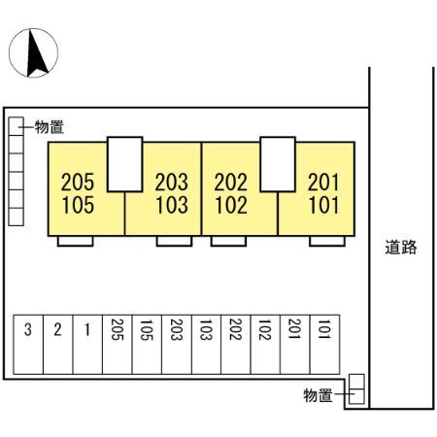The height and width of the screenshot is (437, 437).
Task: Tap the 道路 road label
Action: point(400,247)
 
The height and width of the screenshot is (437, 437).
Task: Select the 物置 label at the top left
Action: point(50,126)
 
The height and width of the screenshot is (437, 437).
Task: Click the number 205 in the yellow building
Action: point(78,182)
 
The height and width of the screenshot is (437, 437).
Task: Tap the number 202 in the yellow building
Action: point(230,182)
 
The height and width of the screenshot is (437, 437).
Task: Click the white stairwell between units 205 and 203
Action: point(125,163)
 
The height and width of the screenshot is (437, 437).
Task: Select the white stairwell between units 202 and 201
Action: point(278,163)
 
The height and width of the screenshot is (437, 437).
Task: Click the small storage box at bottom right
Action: point(357,389)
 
